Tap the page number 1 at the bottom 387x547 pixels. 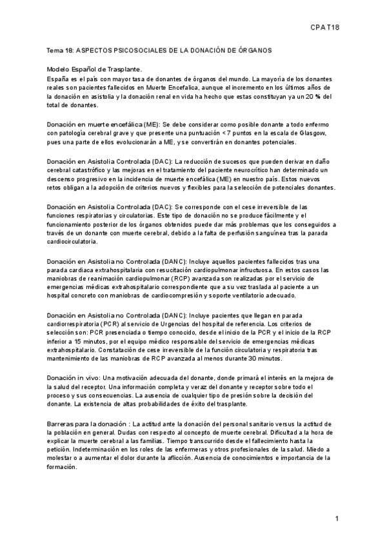click(x=337, y=519)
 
